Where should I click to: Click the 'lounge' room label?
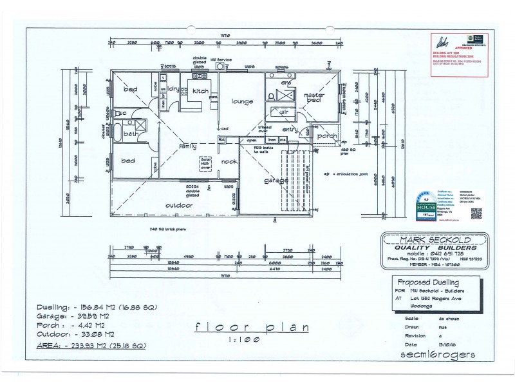tap(242, 101)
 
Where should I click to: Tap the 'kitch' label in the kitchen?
tap(200, 92)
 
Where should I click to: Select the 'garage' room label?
tap(276, 181)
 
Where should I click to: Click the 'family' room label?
tap(187, 146)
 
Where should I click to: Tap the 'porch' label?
tap(327, 135)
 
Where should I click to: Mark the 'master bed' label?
tap(314, 98)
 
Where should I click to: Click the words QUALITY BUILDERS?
tap(431, 247)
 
